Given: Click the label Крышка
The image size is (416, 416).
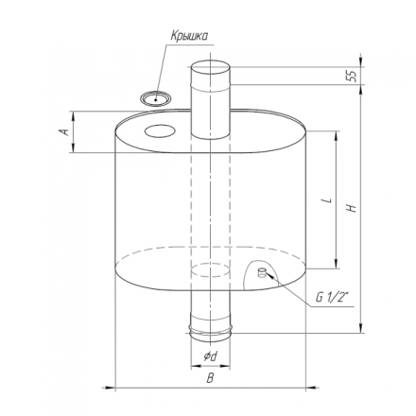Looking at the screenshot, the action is pos(189,36).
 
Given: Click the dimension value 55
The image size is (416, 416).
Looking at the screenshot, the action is pos(353,76).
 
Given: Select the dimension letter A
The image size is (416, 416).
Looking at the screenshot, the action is pos(64,131).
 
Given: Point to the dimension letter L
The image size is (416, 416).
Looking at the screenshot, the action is pos(328,200).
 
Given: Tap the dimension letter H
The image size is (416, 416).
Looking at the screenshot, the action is pos(352,208).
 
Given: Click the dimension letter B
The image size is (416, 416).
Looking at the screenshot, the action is pos(210,377).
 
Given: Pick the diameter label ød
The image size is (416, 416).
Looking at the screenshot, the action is pos(210,356).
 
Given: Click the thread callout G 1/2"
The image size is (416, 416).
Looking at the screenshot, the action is pos(334,297).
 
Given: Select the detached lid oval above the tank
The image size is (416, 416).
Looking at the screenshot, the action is pos(156,98).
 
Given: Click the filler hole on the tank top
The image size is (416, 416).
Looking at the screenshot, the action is pos(160,130).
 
